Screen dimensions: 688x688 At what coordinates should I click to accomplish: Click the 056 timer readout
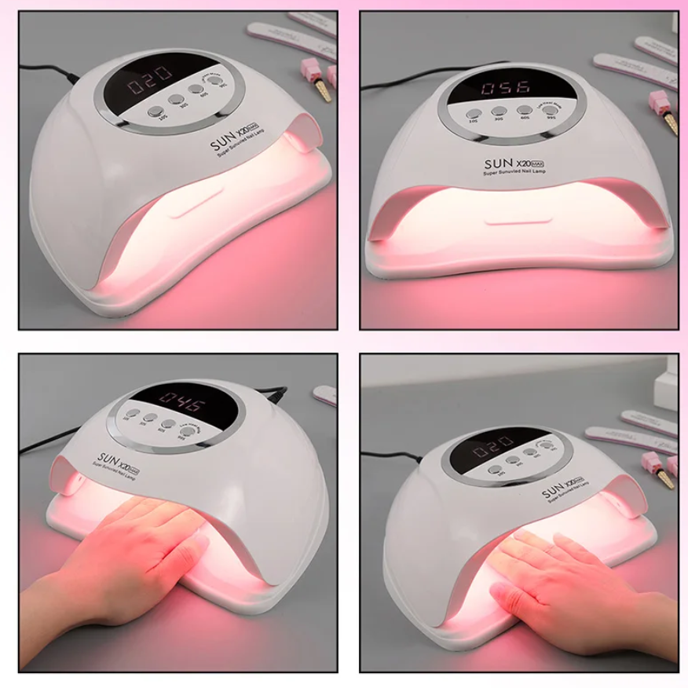point(506,87)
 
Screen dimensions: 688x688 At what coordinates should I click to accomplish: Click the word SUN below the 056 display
point(500,163)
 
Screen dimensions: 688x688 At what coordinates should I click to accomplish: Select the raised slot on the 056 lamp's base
point(515,221)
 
